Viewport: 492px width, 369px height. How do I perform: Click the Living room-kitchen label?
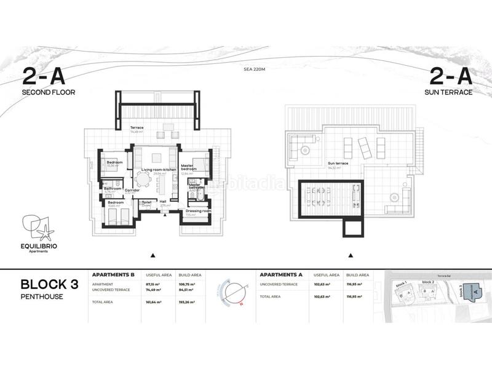tap(159, 169)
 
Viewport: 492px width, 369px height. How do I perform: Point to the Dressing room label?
tap(198, 211)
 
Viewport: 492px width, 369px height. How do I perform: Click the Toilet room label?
tap(146, 202)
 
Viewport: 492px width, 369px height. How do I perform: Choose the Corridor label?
tap(132, 191)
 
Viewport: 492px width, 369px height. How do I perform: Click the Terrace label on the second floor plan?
tap(136, 128)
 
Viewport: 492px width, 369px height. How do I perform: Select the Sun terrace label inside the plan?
tap(338, 164)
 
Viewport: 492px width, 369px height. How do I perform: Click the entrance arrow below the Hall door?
tap(165, 214)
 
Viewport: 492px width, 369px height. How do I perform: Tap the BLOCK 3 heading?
tap(49, 284)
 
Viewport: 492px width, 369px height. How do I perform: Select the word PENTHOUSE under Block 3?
tap(42, 296)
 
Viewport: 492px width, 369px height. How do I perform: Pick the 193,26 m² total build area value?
tap(188, 302)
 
